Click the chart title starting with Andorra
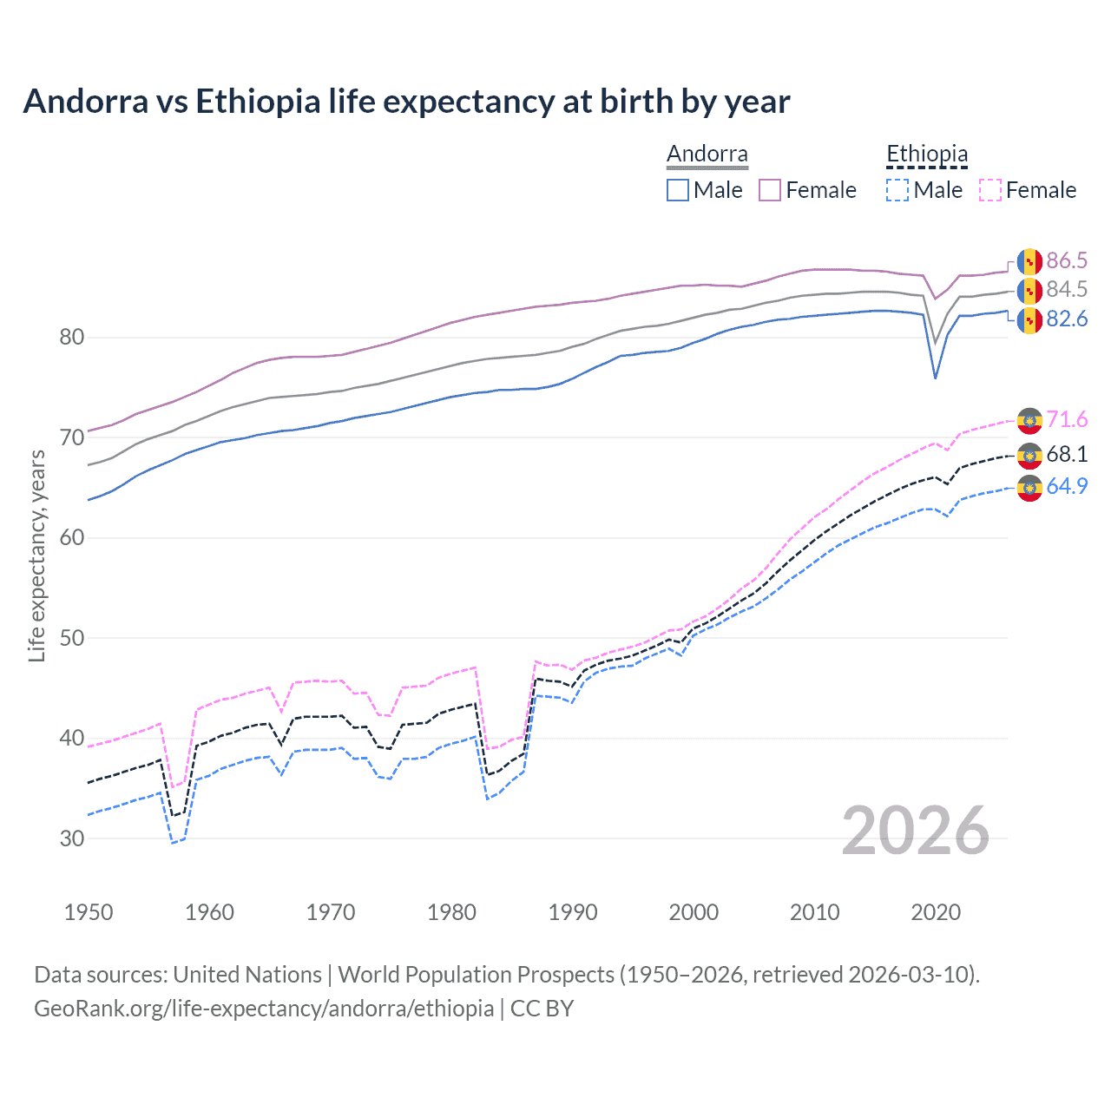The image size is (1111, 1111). click(406, 102)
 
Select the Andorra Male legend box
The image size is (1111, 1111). click(678, 190)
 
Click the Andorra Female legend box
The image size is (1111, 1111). click(770, 190)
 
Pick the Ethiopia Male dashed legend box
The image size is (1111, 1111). click(897, 190)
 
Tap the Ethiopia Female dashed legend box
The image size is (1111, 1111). click(990, 190)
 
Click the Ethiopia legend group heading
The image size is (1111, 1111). click(926, 154)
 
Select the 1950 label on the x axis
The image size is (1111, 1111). click(89, 912)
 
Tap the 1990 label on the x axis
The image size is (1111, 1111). click(573, 912)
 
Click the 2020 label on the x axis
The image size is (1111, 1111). click(936, 912)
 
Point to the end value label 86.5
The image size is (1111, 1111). click(1067, 261)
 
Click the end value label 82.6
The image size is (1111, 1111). click(1067, 319)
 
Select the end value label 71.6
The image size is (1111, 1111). click(1067, 420)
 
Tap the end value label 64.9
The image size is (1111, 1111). click(1067, 487)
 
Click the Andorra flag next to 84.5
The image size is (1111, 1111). click(1029, 291)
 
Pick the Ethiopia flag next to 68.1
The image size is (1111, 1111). click(1029, 455)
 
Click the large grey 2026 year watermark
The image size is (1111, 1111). click(915, 831)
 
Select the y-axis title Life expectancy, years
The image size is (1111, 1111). click(36, 555)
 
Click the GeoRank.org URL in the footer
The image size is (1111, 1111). click(264, 1009)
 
